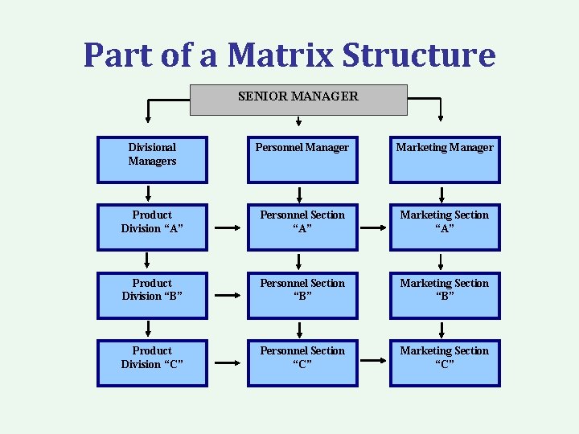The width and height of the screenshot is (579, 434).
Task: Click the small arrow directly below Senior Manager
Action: click(x=298, y=122)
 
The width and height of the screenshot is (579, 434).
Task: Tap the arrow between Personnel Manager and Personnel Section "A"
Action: click(x=299, y=194)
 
